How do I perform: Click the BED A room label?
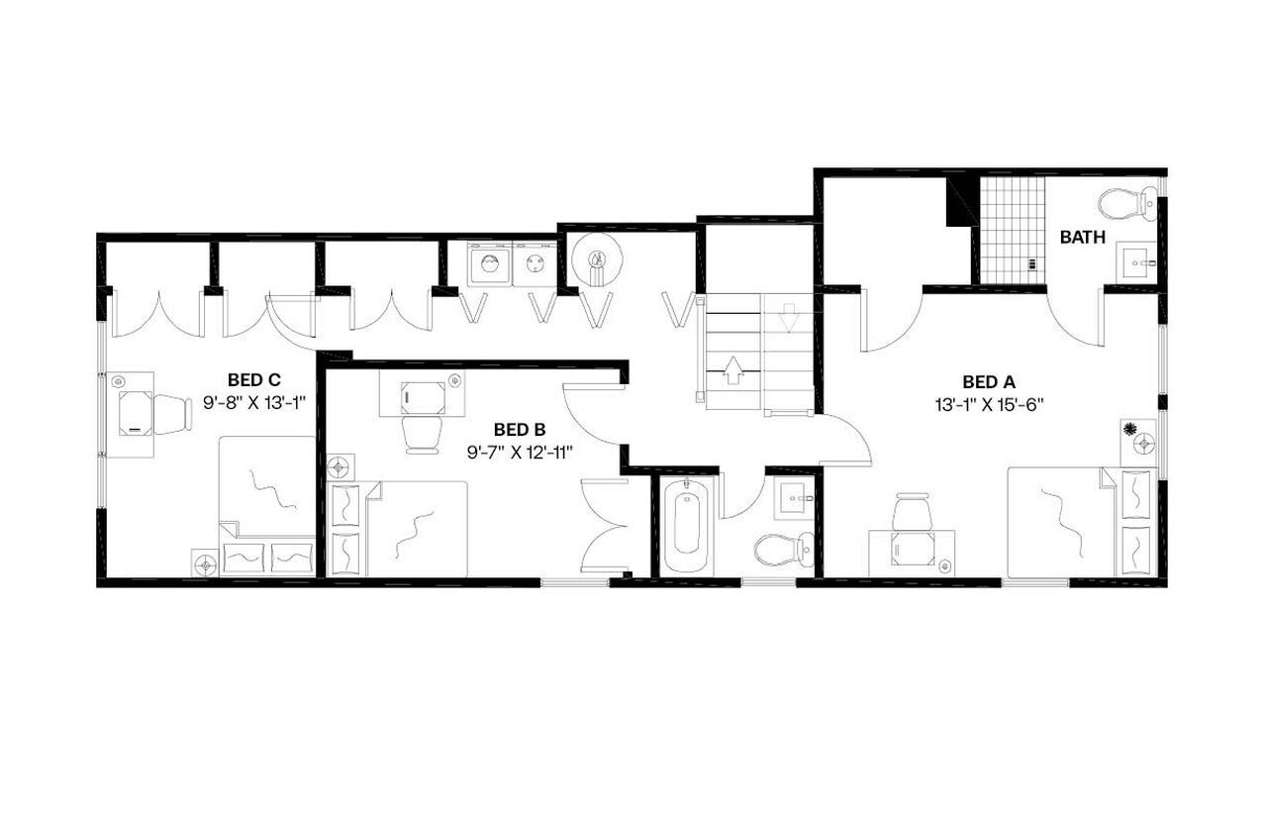pos(989,381)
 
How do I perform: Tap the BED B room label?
pos(520,429)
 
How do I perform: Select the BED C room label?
pos(254,379)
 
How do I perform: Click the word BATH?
pos(1083,238)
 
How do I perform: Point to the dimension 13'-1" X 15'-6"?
pos(990,404)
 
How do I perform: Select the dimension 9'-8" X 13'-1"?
pos(255,403)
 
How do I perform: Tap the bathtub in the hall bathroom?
pos(685,524)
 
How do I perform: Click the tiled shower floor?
pos(1012,228)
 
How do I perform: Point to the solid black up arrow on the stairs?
pos(732,370)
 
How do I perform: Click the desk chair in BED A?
pos(912,514)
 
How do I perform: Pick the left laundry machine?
pos(490,264)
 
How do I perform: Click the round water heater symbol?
pos(597,260)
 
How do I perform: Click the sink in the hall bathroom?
pos(794,495)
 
